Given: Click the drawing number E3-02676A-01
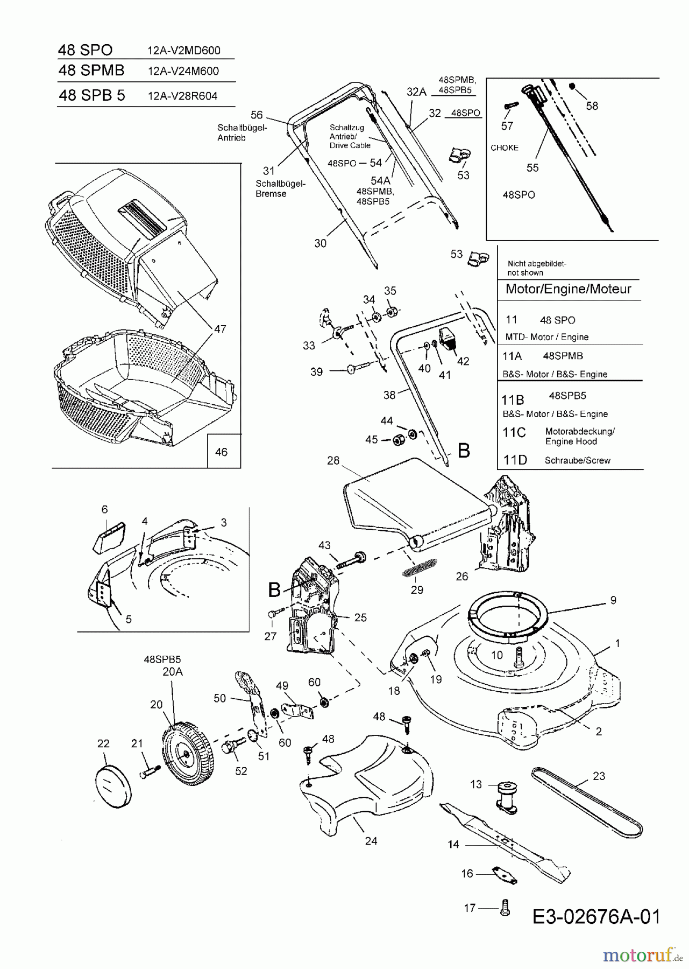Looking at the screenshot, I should pos(596,916).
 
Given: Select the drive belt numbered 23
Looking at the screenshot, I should pos(587,802).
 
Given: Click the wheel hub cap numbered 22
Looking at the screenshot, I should pos(113,786).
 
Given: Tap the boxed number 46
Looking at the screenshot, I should pos(221,452).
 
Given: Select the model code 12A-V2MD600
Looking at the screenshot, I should pos(183,51).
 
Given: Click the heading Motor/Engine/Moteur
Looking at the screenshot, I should pos(568,289).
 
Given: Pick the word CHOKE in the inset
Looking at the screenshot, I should pos(505,148).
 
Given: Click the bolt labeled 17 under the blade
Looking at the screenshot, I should pos(505,908).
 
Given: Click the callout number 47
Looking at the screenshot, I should pos(220,329).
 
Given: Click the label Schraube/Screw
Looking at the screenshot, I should pos(577,460).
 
